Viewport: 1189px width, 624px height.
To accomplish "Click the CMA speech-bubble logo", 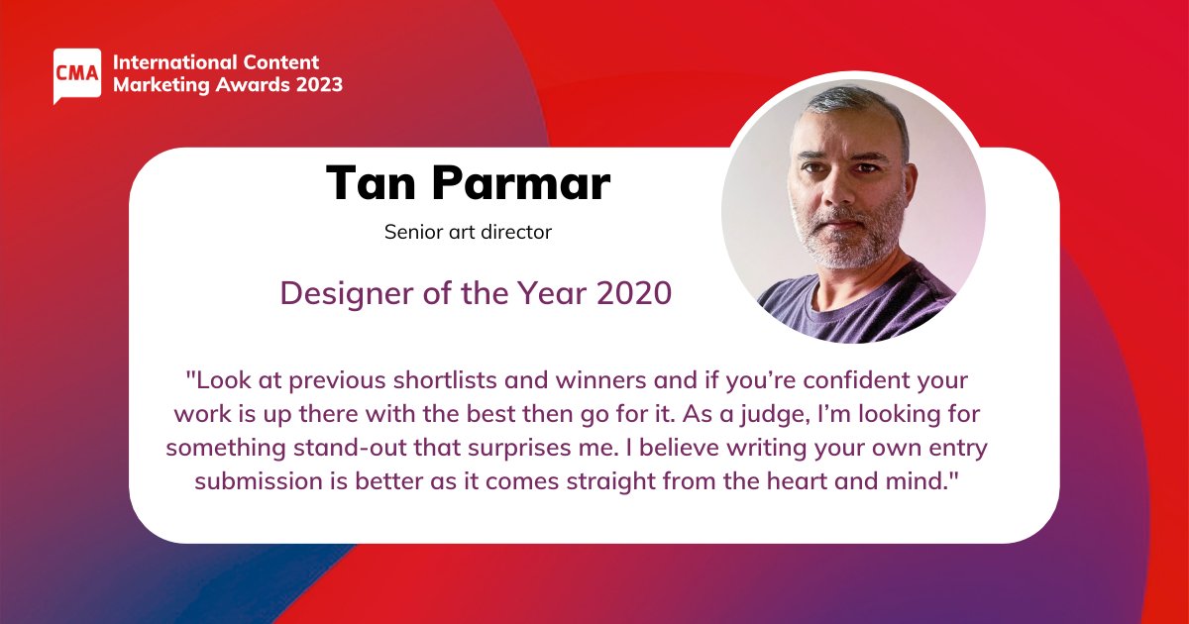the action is click(x=77, y=75).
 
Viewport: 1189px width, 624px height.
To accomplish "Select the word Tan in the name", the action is click(x=371, y=183).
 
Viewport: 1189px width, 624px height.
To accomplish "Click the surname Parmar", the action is click(x=521, y=183).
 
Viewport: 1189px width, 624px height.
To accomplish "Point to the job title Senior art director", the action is click(x=468, y=232).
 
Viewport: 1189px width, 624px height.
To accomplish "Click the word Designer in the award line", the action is click(x=347, y=293).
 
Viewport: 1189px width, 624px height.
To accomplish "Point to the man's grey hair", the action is click(x=854, y=106).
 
